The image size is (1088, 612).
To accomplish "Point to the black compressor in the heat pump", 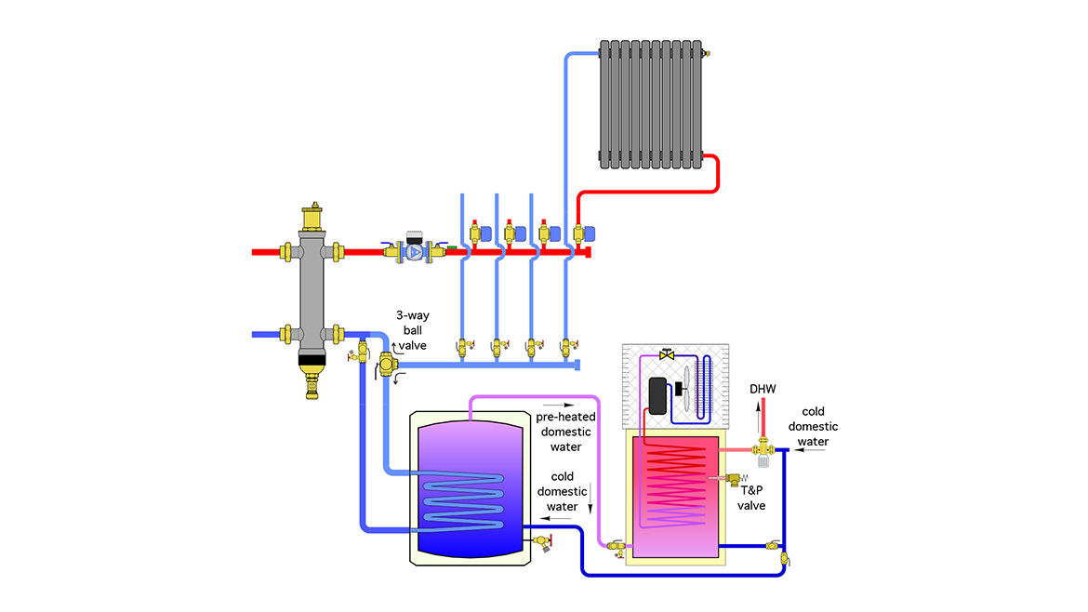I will [x=657, y=395].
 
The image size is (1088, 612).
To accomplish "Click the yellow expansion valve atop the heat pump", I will [x=666, y=355].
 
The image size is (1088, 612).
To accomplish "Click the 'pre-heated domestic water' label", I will [x=564, y=432].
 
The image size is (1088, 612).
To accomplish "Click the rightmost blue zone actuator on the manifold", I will [x=590, y=233].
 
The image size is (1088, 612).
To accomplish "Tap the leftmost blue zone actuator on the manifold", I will [x=486, y=233].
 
